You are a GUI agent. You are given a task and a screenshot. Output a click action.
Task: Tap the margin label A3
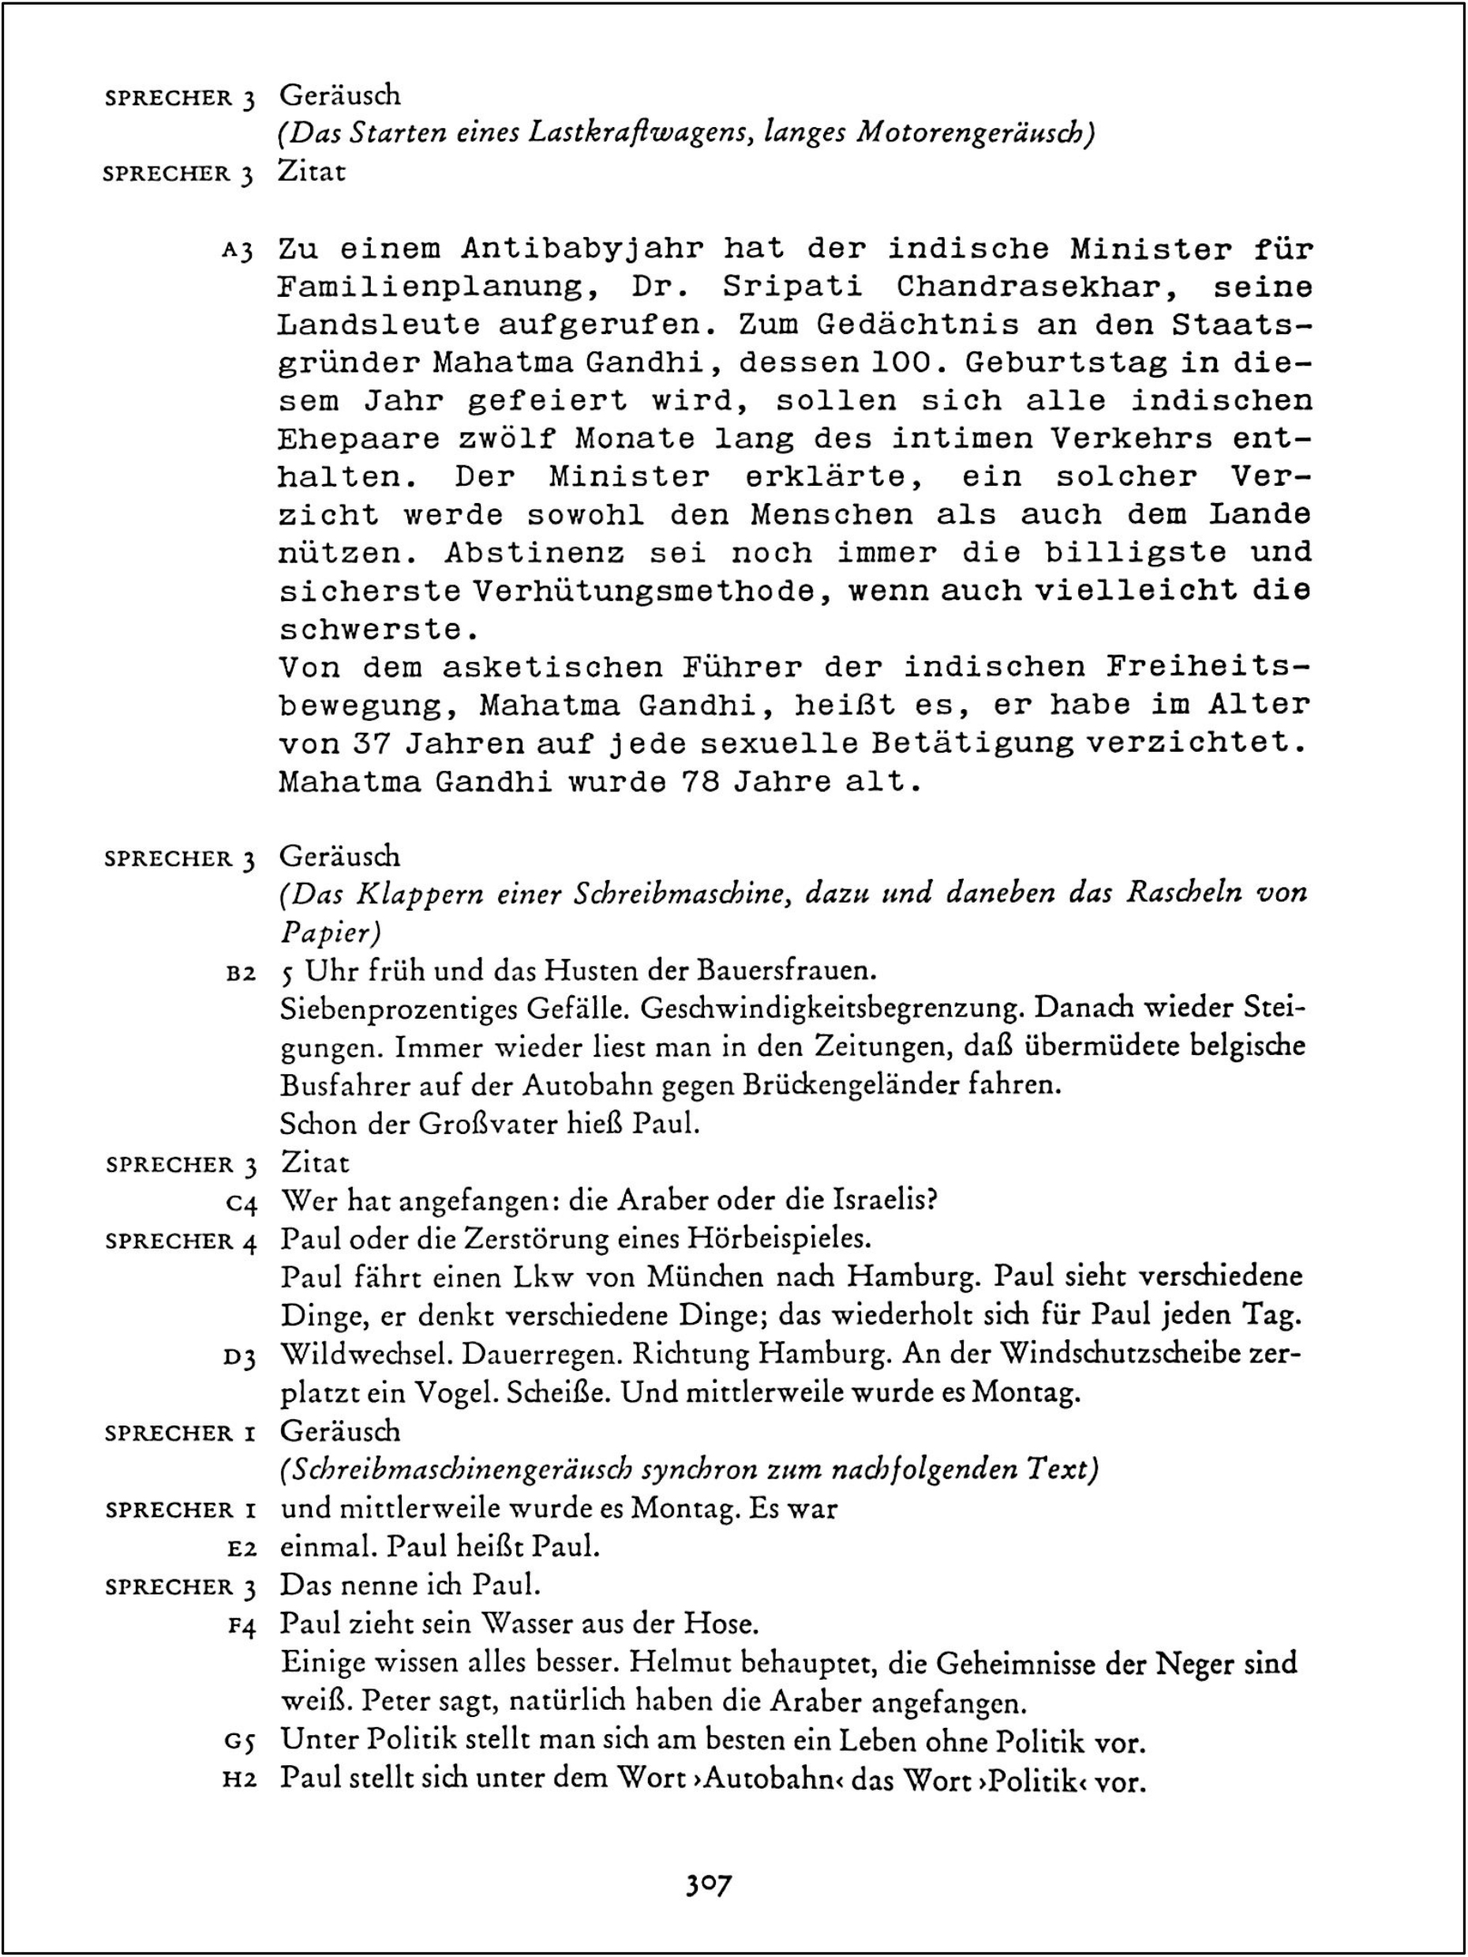tap(238, 251)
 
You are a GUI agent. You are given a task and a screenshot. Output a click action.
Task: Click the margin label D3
tap(241, 1356)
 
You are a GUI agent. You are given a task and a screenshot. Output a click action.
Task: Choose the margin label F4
tap(241, 1626)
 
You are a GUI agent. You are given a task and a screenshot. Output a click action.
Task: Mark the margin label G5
tap(241, 1742)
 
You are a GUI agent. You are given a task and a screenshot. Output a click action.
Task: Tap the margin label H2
tap(241, 1779)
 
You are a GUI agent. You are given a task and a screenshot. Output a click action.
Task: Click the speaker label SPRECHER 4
tap(181, 1242)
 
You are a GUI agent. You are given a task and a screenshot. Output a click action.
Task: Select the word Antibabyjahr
tap(582, 249)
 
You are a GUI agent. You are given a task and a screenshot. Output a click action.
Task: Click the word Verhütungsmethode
tap(643, 591)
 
